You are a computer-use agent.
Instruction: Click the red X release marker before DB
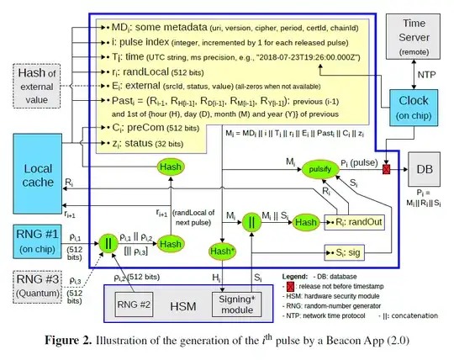[x=386, y=169]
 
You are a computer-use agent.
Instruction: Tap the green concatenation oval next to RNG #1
[x=108, y=244]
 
